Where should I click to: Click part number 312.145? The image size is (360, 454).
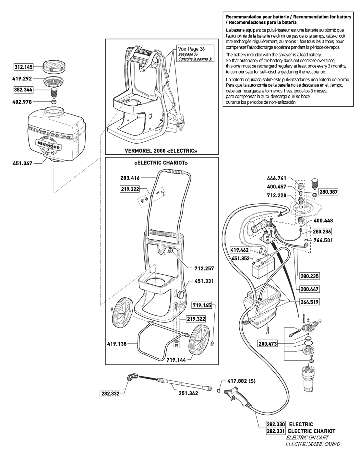[x=23, y=67]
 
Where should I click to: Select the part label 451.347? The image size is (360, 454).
[x=23, y=163]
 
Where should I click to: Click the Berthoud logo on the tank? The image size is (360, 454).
[x=48, y=145]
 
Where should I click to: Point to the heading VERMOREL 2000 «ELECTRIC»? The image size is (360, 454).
[x=161, y=151]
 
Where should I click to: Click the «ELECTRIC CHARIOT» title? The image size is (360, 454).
[x=161, y=162]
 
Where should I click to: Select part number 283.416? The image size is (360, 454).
[x=130, y=178]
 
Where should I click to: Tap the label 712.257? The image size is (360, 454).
[x=204, y=269]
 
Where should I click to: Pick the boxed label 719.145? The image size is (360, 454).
[x=202, y=305]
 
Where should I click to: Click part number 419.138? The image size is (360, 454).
[x=117, y=343]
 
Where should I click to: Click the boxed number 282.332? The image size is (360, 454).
[x=110, y=394]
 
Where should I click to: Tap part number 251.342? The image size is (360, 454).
[x=188, y=393]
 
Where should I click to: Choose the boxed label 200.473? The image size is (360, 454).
[x=268, y=343]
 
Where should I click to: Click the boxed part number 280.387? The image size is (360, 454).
[x=329, y=192]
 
